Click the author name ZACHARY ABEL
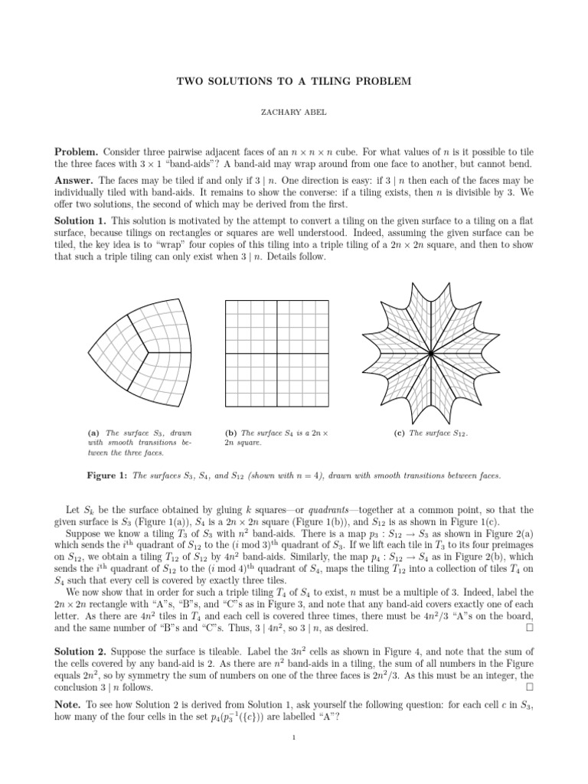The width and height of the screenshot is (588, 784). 294,112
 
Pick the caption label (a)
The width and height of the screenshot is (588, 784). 96,433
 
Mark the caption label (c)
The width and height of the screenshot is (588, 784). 399,433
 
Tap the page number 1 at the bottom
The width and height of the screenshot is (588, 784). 294,758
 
